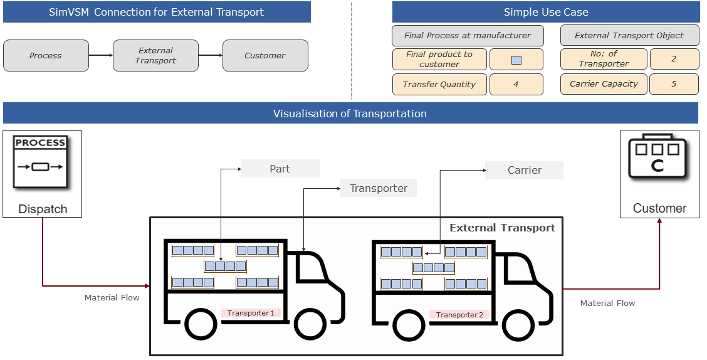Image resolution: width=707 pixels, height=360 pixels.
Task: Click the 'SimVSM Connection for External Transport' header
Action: pos(157,12)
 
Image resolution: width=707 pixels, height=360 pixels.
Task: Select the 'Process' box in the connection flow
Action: pos(46,56)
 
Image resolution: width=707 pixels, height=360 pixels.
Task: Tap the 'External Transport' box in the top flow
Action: pos(155,56)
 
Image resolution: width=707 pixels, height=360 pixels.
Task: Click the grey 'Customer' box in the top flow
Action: pos(265,56)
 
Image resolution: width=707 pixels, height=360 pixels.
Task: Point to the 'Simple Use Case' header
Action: pos(545,12)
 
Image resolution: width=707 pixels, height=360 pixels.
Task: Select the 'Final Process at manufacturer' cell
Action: pos(467,36)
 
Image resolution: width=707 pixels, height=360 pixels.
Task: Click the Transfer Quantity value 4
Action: pos(516,85)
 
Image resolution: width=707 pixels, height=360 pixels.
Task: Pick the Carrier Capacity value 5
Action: pos(674,84)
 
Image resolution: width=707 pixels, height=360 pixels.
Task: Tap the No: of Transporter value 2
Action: pos(674,59)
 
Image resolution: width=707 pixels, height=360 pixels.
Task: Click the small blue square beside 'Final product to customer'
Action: pos(516,60)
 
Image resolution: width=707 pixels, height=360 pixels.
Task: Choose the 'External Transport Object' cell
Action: pos(629,36)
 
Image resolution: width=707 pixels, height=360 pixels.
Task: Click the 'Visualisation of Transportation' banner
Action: pos(350,114)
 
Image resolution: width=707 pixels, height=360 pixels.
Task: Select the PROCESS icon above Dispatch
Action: pos(41,162)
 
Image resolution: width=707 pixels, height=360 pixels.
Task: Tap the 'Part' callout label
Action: pos(280,169)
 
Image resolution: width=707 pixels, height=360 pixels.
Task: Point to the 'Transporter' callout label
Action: pos(378,188)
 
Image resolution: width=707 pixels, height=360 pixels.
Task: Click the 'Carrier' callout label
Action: pos(524,170)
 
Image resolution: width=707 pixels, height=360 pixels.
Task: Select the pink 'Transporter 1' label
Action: pos(251,313)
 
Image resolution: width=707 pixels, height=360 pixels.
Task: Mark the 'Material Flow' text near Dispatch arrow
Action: pos(112,298)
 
